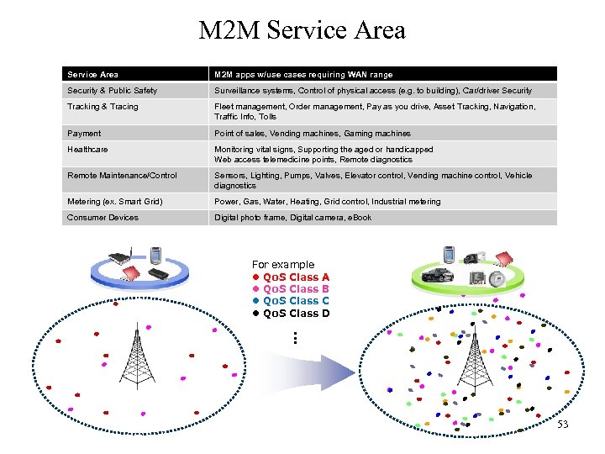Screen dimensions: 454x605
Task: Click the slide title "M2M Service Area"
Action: (x=302, y=31)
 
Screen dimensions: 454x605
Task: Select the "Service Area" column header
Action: (x=92, y=75)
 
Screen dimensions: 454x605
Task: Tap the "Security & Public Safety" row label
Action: (x=112, y=91)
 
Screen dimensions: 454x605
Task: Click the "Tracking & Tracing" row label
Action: (x=103, y=107)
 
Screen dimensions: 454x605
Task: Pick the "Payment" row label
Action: (x=84, y=134)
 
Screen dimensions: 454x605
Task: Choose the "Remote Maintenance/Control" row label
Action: (x=122, y=176)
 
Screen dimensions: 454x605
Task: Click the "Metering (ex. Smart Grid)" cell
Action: (x=115, y=202)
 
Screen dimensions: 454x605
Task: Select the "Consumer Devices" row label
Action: (x=103, y=218)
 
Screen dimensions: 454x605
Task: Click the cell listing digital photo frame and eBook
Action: (x=292, y=218)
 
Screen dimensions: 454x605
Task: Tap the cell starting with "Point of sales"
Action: (x=312, y=134)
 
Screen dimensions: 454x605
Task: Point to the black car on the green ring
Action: (x=437, y=274)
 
